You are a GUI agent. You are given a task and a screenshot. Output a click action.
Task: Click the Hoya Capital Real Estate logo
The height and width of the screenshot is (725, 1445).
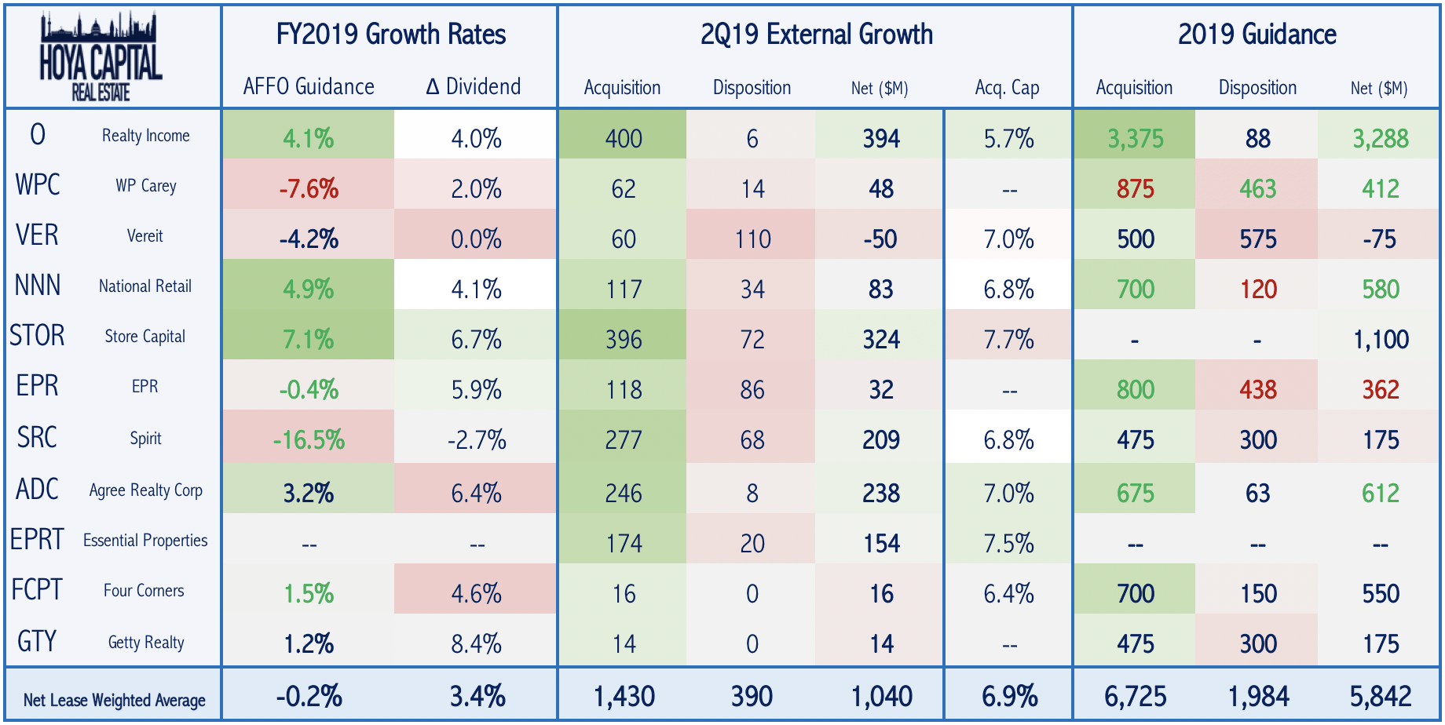point(101,56)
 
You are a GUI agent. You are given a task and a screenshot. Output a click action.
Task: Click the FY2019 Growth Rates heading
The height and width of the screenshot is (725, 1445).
point(390,35)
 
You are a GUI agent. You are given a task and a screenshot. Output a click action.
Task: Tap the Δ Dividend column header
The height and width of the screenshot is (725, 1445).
point(474,86)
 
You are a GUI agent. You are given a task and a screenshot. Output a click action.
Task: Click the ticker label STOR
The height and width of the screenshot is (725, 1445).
point(37,336)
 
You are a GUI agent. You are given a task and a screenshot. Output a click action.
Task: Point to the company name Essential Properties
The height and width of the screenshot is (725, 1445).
point(145,541)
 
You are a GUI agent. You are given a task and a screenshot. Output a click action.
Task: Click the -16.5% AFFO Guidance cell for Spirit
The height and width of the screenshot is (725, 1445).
point(309,440)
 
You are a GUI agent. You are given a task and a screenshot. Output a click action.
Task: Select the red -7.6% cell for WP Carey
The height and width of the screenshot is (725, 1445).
point(309,189)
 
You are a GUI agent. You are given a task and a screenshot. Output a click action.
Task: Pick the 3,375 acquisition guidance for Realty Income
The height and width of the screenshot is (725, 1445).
point(1135,139)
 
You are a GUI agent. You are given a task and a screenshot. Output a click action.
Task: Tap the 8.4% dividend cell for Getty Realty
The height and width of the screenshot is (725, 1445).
point(476,644)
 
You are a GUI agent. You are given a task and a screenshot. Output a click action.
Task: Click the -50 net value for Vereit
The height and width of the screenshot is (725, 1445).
point(880,239)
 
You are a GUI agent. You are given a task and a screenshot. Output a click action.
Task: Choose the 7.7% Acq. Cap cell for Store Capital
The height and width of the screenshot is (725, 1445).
point(1008,340)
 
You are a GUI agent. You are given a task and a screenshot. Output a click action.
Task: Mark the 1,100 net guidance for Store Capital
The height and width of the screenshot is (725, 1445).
point(1380,340)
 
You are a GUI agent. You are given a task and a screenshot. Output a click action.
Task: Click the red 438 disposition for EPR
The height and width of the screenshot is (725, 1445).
point(1257,390)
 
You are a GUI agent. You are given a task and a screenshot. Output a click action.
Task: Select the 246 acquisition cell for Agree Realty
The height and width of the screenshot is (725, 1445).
point(624,494)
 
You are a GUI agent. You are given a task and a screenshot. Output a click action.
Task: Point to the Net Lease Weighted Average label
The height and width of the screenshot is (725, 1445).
point(115,700)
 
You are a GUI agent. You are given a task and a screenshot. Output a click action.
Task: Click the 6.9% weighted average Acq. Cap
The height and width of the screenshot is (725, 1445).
point(1009,696)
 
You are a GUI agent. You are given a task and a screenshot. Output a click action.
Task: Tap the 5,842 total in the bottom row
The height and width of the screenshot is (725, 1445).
point(1380,696)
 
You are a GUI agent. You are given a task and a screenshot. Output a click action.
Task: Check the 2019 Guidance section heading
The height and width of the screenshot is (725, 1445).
point(1257,35)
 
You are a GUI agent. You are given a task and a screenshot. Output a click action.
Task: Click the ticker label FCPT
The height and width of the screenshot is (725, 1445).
point(37,590)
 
